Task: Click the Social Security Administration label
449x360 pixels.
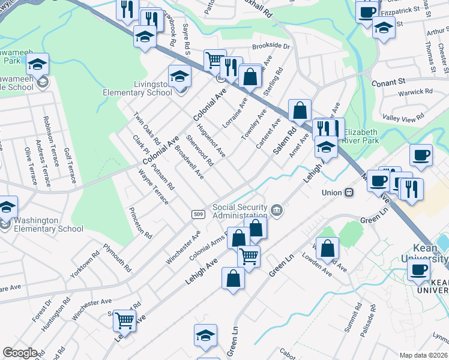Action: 240,211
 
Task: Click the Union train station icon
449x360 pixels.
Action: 348,193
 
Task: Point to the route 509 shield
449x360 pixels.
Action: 198,214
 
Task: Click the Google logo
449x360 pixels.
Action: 20,353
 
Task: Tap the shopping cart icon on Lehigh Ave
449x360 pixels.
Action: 249,256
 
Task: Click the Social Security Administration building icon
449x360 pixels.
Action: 277,209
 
